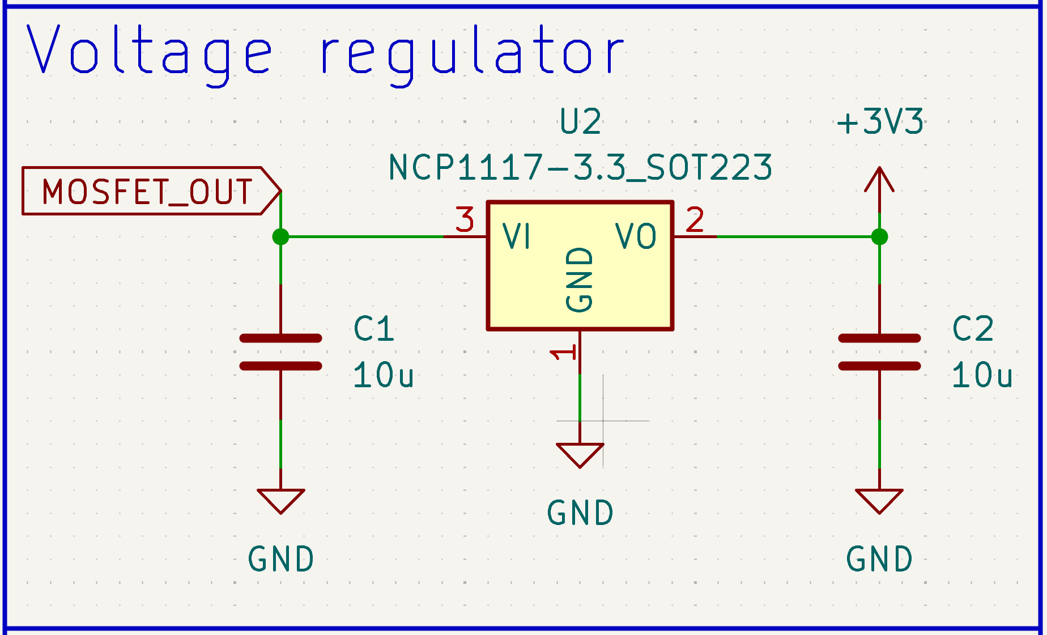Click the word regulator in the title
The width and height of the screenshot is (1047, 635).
(473, 52)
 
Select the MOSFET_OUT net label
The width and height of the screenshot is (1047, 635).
(147, 191)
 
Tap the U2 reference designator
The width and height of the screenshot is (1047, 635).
(580, 122)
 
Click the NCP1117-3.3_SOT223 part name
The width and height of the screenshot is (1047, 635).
(580, 168)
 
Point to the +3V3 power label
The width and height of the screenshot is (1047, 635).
(880, 122)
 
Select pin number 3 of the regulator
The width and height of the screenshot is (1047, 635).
(465, 220)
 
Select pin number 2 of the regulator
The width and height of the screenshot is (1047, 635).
(695, 220)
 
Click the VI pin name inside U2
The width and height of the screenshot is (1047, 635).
(517, 236)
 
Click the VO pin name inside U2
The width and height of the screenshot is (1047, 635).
(636, 236)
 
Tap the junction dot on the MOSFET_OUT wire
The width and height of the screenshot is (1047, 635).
(280, 236)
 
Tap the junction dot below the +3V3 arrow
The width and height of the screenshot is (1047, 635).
(879, 236)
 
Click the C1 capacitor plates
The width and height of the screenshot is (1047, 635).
(280, 352)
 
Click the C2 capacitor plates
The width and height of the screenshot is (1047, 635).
(879, 352)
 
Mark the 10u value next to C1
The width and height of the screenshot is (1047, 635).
(384, 375)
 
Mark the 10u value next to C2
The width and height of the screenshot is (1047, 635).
(982, 375)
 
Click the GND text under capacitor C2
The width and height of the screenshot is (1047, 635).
(879, 559)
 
